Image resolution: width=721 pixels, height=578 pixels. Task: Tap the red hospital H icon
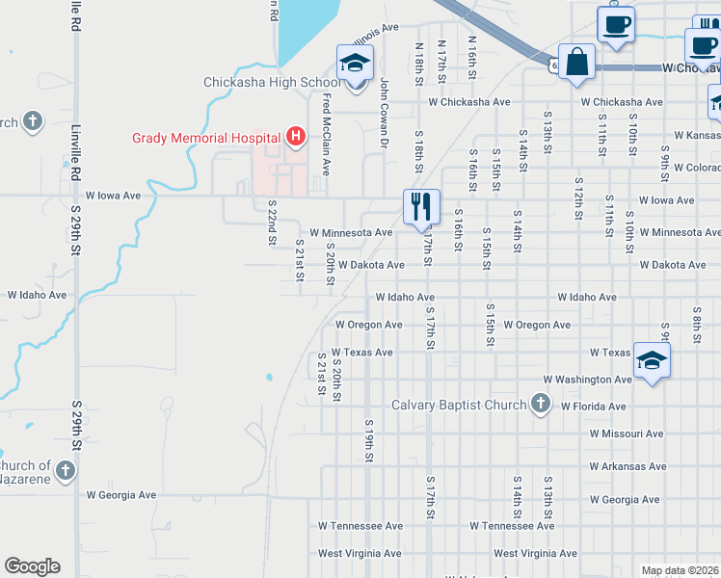296,137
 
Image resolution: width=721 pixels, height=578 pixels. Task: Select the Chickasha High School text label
272,82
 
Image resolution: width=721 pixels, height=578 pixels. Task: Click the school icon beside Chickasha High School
355,65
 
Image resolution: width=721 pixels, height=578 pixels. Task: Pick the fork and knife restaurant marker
421,205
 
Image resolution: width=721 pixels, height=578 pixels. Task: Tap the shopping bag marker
576,63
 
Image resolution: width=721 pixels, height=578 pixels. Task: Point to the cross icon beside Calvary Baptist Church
541,404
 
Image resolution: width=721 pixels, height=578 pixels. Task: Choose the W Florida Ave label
595,407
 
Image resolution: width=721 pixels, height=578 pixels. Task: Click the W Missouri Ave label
627,433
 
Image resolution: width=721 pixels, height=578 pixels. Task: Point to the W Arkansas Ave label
628,466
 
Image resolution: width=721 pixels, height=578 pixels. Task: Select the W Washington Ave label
587,380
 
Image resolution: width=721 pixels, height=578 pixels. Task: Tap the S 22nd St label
273,223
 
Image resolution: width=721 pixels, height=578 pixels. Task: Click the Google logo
32,566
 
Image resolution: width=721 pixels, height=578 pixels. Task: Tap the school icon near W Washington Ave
653,361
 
